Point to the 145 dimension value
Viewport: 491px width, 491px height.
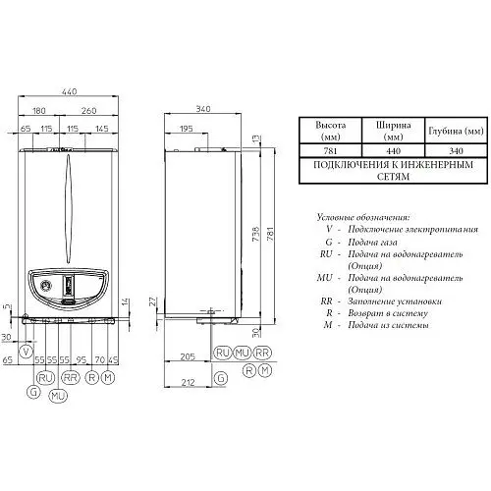pyautogui.click(x=102, y=130)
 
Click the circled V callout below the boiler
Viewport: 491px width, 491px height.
pyautogui.click(x=27, y=351)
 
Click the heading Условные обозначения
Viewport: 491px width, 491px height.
pyautogui.click(x=363, y=216)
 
